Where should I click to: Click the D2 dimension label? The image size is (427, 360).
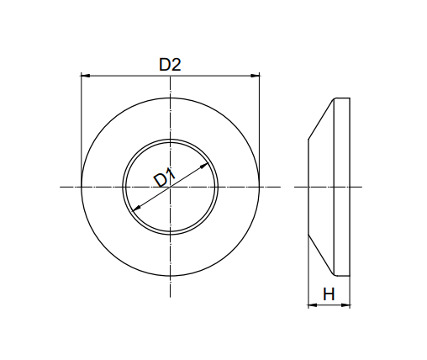(x=170, y=65)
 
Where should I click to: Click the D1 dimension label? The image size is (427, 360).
(x=165, y=177)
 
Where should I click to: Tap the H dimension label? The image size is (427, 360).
(x=329, y=294)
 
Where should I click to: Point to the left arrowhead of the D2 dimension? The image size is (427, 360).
(x=85, y=76)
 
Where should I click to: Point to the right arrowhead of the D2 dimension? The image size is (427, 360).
(x=256, y=76)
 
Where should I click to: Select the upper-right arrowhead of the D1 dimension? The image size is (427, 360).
(x=204, y=167)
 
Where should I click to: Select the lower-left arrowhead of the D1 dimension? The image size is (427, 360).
(x=136, y=208)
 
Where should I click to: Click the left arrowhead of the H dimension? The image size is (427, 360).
(x=313, y=304)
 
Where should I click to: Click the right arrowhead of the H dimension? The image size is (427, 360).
(x=345, y=304)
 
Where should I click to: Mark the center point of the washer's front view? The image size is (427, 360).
(x=170, y=187)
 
